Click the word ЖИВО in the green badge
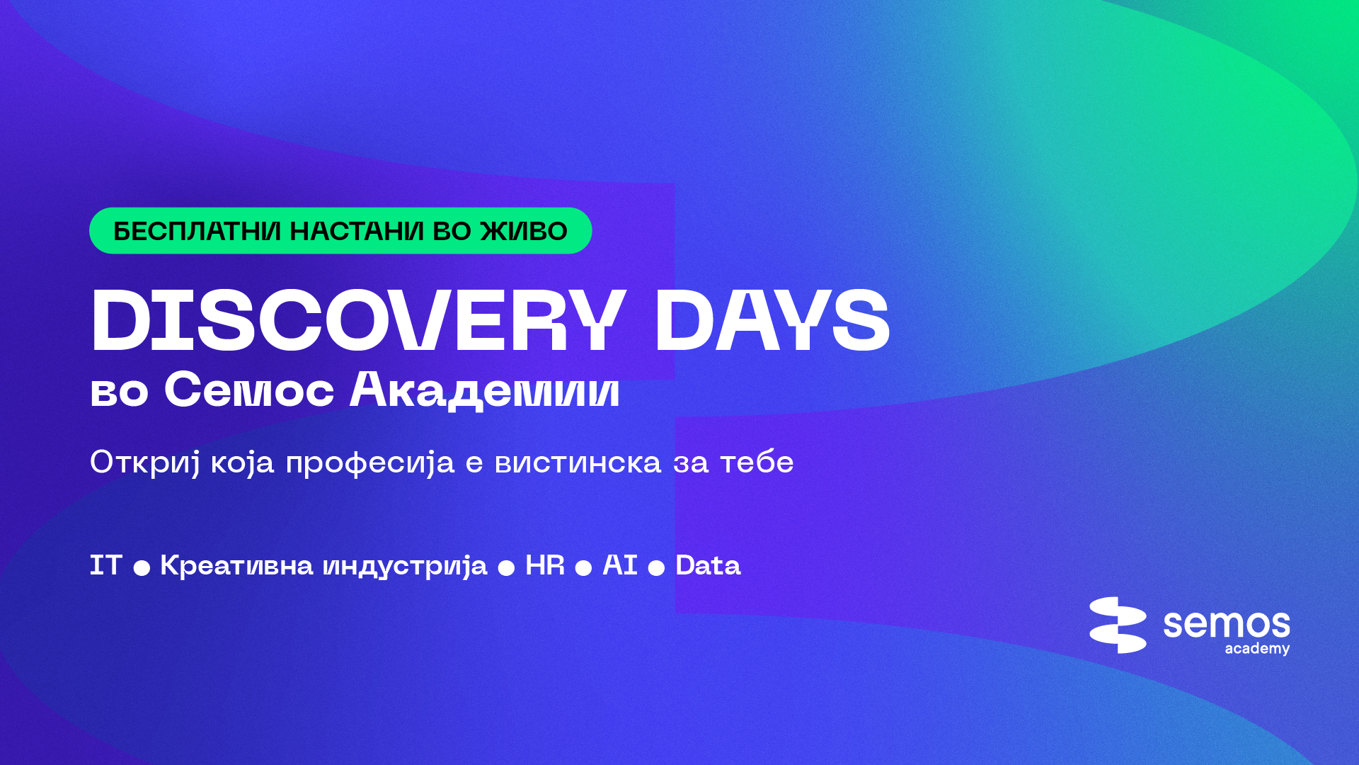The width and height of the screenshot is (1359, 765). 524,231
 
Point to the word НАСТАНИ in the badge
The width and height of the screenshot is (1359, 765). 357,231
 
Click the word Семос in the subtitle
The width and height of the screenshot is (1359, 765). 248,390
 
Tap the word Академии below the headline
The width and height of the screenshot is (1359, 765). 484,390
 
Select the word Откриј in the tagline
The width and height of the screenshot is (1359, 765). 145,463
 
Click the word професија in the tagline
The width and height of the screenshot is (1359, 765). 369,463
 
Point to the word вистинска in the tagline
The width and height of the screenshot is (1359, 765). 578,463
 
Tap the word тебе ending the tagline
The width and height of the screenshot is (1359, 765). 757,463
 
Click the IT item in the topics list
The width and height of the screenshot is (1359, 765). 105,565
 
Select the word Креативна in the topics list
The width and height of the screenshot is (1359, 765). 236,565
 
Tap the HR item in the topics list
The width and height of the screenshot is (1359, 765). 544,565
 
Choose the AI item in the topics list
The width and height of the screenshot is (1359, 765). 619,565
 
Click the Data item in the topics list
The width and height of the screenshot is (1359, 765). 708,565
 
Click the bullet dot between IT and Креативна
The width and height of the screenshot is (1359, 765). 142,568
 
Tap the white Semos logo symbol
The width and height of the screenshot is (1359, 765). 1118,625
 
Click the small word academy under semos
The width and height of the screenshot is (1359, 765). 1257,649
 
